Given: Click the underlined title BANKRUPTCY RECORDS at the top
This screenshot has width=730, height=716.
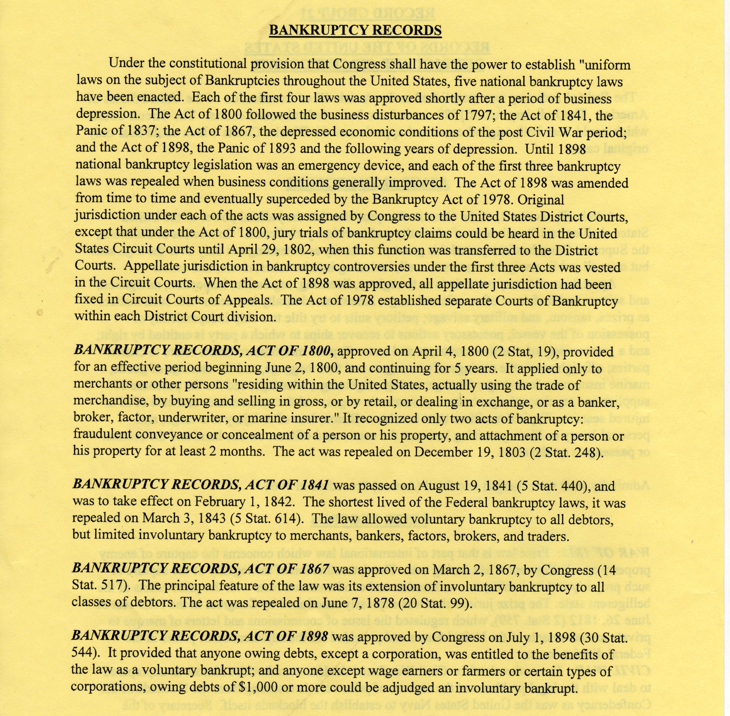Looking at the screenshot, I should point(355,30).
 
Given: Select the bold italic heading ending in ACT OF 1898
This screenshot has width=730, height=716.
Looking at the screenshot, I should point(200,636).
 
